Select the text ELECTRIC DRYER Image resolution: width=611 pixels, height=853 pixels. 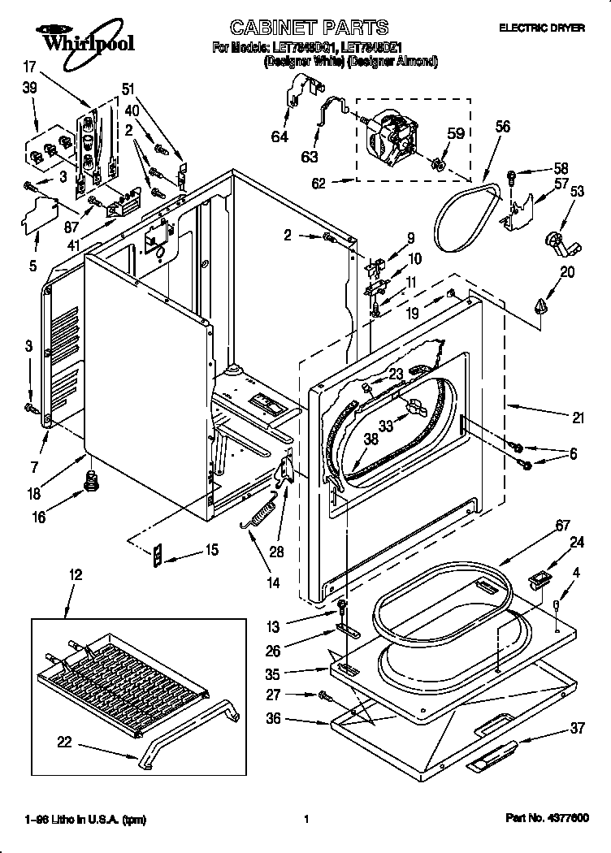pos(541,28)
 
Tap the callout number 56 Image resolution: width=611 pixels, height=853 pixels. pos(503,126)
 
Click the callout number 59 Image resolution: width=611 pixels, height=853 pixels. pos(456,133)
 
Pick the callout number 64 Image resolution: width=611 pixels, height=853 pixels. pos(279,136)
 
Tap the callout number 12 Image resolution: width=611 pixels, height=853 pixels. pos(75,574)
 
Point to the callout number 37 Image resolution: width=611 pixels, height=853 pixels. pos(578,728)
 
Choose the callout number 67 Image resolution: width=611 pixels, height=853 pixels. pos(562,525)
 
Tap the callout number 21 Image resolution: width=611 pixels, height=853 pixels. pos(578,418)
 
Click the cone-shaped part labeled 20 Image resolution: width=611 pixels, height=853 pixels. pos(540,305)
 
